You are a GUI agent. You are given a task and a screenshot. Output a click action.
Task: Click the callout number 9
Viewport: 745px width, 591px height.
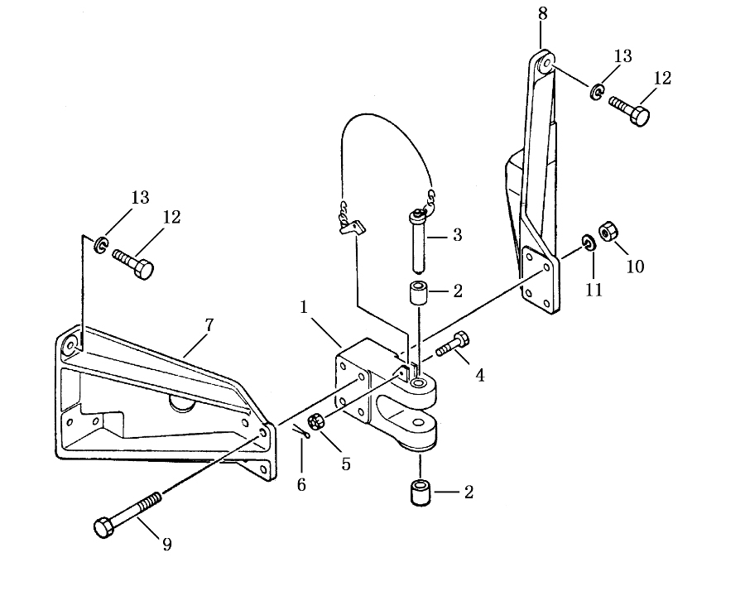click(x=166, y=544)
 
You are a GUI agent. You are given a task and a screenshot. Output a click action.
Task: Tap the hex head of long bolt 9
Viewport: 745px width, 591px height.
click(x=103, y=528)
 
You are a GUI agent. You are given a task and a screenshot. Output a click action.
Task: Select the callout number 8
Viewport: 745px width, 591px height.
click(x=542, y=14)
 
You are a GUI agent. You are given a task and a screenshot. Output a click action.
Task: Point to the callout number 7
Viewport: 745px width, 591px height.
click(x=209, y=325)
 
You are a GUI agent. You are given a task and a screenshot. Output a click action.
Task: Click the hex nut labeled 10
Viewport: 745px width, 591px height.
click(x=608, y=232)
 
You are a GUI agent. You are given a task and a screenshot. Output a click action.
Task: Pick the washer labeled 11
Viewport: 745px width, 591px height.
click(x=589, y=243)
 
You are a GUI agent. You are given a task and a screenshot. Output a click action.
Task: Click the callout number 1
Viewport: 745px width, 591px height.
click(x=304, y=307)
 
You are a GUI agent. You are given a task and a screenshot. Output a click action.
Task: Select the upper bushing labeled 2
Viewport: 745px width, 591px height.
click(x=416, y=295)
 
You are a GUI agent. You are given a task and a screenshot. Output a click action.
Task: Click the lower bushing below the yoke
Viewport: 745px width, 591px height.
click(x=420, y=494)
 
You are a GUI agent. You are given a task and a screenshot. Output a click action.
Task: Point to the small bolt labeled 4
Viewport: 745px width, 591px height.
click(x=453, y=345)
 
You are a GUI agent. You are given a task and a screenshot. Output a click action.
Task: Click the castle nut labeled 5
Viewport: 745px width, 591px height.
click(x=315, y=422)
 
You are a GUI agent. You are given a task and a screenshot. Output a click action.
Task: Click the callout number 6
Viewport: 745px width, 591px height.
click(x=301, y=485)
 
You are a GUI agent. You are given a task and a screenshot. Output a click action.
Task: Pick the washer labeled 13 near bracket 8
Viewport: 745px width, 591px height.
click(x=597, y=92)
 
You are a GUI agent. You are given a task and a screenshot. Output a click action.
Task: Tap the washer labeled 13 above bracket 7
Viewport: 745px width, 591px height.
click(x=101, y=244)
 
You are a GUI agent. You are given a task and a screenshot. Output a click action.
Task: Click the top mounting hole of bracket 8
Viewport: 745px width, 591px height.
click(x=546, y=62)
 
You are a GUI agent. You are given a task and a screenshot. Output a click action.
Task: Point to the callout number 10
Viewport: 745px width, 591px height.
click(x=635, y=267)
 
